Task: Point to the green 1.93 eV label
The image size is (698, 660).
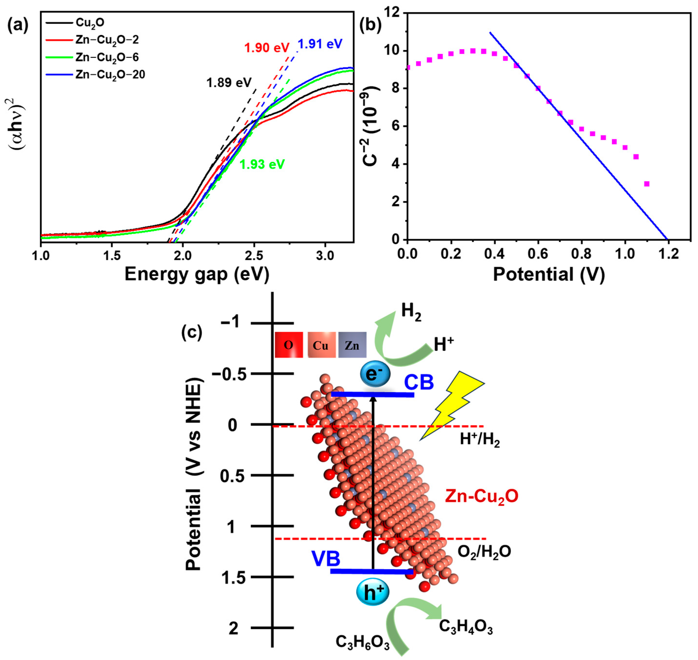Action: [262, 164]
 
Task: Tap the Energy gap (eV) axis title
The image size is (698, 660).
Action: [197, 275]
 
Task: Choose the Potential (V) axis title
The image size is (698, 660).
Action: [549, 275]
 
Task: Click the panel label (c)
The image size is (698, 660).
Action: [192, 332]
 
